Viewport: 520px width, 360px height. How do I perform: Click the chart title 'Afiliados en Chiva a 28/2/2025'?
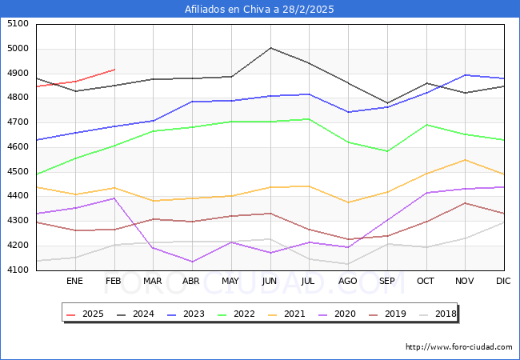coord(259,10)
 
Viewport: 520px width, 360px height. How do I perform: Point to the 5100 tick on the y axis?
coord(18,24)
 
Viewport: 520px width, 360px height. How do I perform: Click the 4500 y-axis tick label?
coord(18,172)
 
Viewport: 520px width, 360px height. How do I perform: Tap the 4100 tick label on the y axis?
coord(18,270)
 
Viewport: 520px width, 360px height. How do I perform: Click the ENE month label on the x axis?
coord(74,281)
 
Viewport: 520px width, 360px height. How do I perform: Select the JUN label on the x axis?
coord(270,281)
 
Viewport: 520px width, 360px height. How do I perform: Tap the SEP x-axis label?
coord(386,281)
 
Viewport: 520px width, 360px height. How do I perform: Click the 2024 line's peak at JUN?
coord(270,48)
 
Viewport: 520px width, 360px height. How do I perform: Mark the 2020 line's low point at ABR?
coord(192,262)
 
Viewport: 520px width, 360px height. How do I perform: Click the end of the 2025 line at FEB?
coord(114,70)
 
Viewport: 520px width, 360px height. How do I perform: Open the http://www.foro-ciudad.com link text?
coord(458,347)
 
